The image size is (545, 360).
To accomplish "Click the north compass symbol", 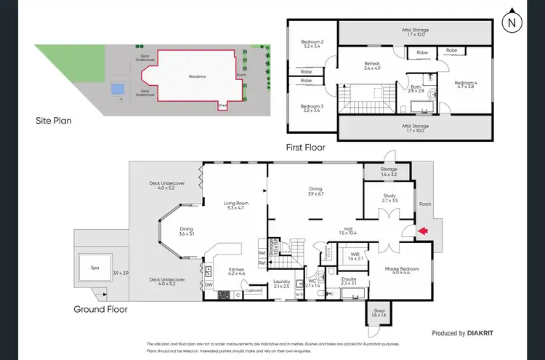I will point(513,21).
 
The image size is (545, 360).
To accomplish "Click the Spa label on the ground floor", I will point(94,268).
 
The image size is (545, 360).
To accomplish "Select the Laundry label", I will point(282,284).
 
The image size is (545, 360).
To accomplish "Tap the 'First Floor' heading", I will point(305,147).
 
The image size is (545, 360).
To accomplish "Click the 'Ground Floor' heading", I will point(100,309).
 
